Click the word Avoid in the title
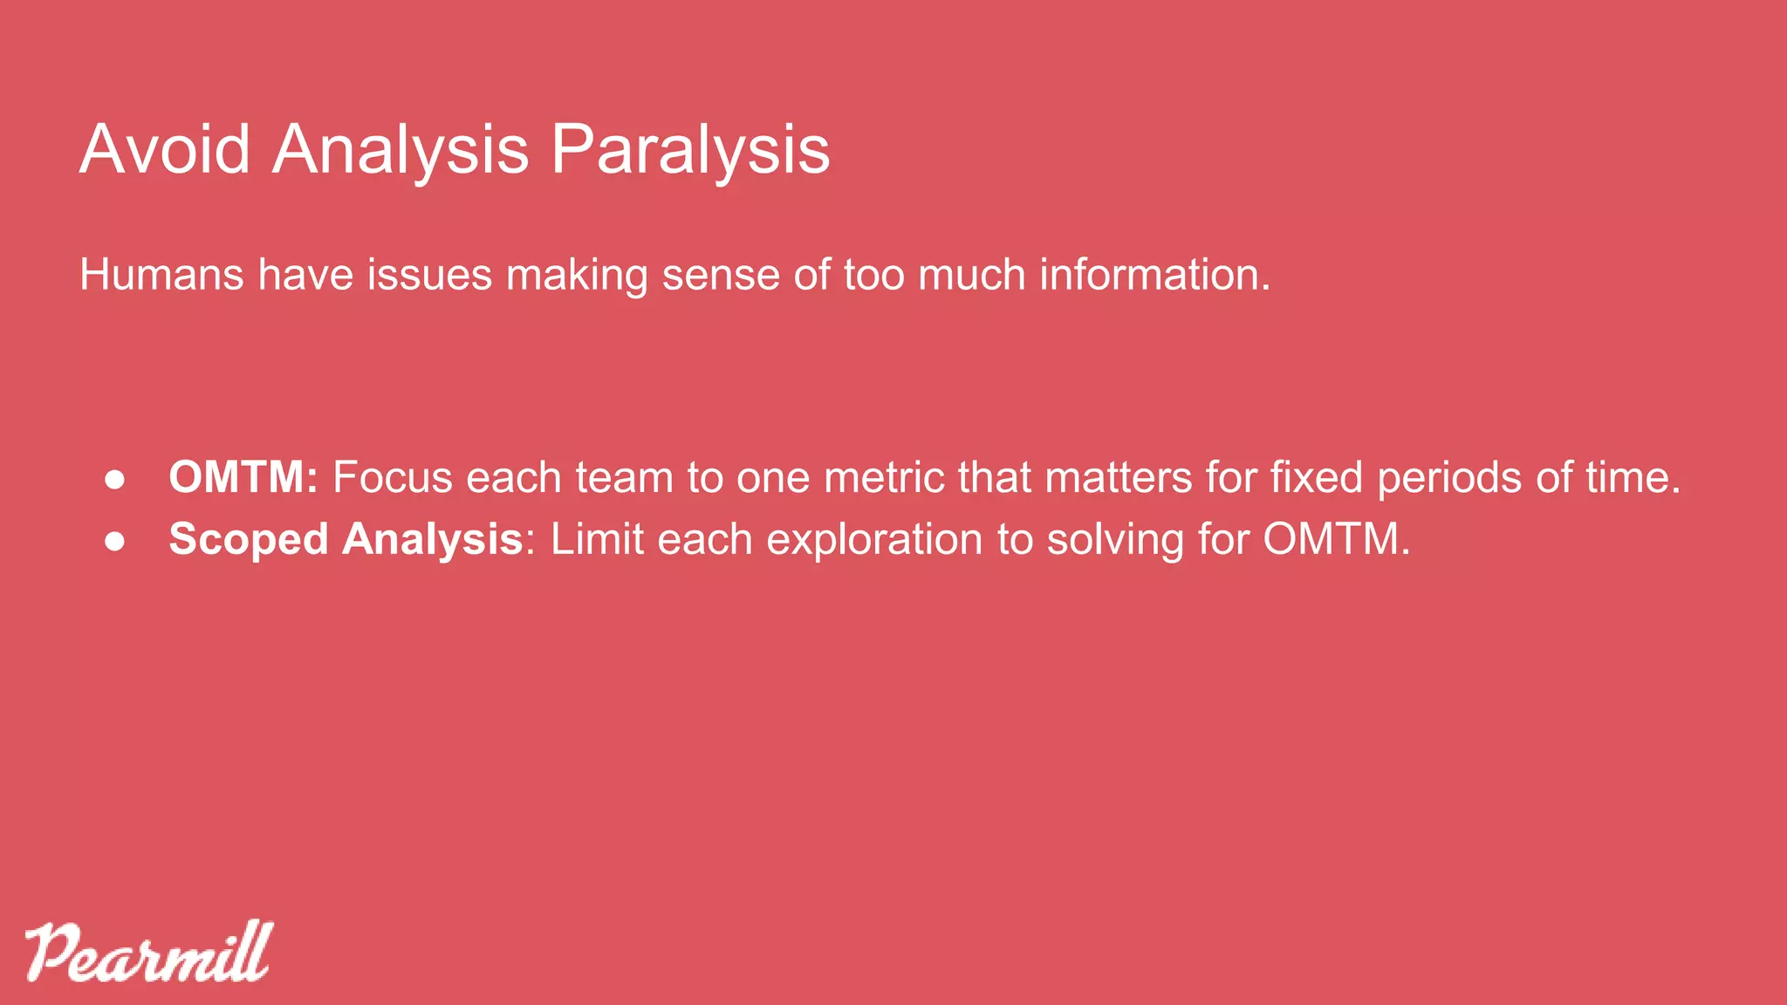tap(165, 149)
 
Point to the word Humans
tap(161, 275)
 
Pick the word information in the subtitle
tap(1154, 275)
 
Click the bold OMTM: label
tap(243, 477)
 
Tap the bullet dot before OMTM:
tap(115, 479)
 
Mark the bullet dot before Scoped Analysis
tap(115, 541)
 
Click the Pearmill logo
tap(148, 952)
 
